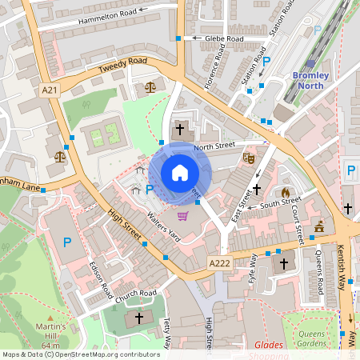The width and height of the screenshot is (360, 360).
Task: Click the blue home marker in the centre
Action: tap(180, 173)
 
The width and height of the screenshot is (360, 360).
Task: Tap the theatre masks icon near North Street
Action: tap(249, 158)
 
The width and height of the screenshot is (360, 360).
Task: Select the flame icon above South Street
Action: tap(286, 193)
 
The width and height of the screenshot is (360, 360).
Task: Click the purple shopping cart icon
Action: tap(183, 216)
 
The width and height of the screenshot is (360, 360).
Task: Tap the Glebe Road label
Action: tap(223, 38)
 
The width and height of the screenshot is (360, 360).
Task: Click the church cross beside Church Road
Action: tap(139, 318)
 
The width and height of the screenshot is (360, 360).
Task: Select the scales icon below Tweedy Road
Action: tap(150, 86)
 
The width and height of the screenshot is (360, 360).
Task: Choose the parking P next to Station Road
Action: tap(267, 61)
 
